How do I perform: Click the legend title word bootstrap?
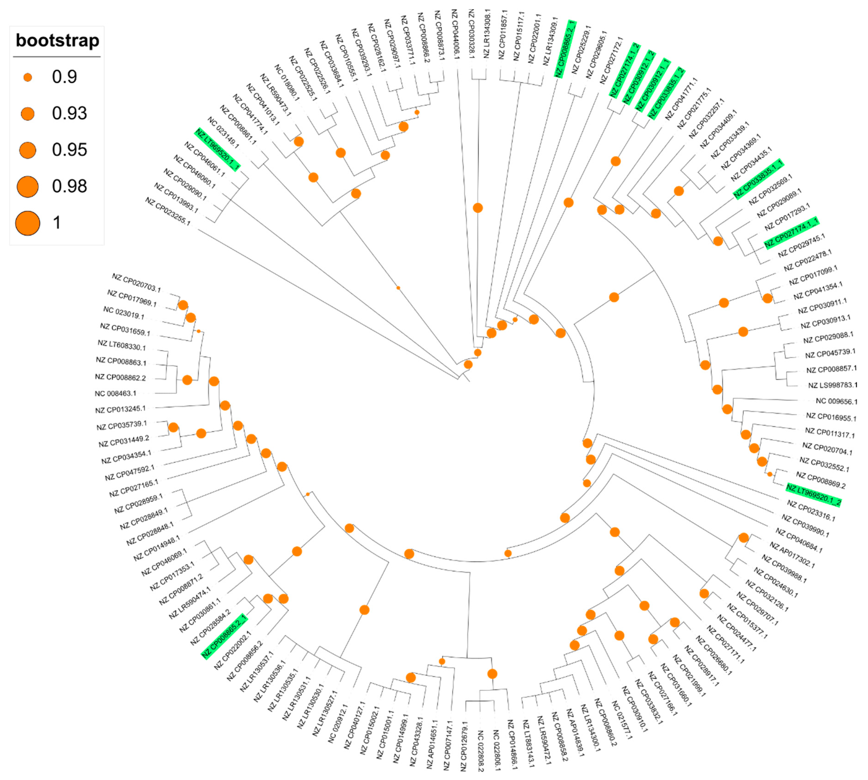click(x=57, y=41)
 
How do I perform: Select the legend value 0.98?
click(x=69, y=186)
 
